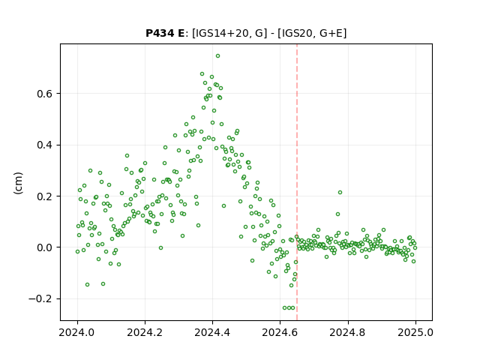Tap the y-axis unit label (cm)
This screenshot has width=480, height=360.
(18, 183)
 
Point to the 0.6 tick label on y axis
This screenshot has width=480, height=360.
(44, 94)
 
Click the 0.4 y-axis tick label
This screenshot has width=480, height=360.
(44, 145)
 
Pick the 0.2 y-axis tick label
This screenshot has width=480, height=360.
(44, 196)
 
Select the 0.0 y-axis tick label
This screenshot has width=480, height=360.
(44, 247)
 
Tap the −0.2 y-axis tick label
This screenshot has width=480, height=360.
(40, 298)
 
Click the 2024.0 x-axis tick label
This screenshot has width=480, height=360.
(77, 332)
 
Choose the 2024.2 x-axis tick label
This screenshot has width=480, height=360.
(145, 332)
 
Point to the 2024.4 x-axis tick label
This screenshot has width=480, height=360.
(212, 332)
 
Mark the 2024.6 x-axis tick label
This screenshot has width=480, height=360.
(280, 332)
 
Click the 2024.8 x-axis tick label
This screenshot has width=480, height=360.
(347, 332)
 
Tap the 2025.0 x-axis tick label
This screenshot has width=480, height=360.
(415, 332)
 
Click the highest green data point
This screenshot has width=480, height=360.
(217, 56)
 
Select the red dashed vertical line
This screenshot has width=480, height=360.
(297, 182)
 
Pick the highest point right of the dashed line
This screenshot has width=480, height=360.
(340, 193)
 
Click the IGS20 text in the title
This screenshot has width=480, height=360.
(295, 33)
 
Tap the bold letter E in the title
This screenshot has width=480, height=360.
(181, 33)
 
